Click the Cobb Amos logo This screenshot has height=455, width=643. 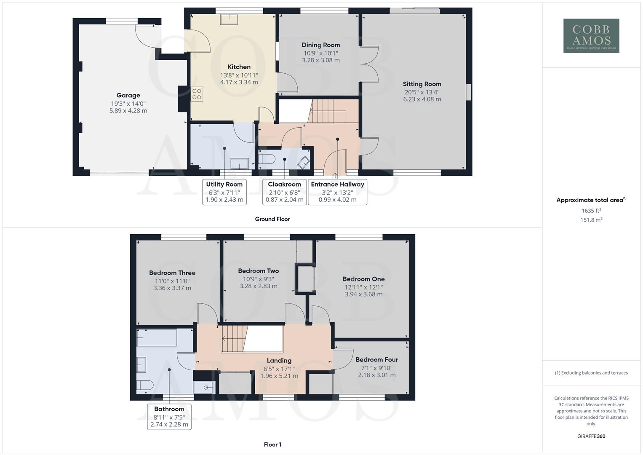(x=591, y=36)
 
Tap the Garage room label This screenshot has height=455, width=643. (x=128, y=96)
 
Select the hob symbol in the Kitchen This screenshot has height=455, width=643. (x=197, y=94)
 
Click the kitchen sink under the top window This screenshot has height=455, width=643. (x=229, y=19)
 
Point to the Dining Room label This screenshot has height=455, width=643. (x=320, y=45)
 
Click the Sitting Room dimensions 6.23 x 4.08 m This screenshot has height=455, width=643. (x=422, y=99)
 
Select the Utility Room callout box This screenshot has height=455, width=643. (x=224, y=192)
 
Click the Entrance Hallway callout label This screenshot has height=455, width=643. (x=337, y=185)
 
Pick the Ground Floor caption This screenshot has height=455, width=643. (x=272, y=219)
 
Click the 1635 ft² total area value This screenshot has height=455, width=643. (x=591, y=211)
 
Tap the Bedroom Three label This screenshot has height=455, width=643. (x=172, y=273)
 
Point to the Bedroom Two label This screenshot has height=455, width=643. (x=258, y=271)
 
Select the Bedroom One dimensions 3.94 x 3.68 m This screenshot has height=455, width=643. (x=363, y=294)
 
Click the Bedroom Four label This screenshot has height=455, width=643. (x=376, y=360)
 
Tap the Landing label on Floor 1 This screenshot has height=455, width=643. (x=279, y=361)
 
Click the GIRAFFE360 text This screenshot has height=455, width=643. (x=591, y=436)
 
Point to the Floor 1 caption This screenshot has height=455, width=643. (x=272, y=444)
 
